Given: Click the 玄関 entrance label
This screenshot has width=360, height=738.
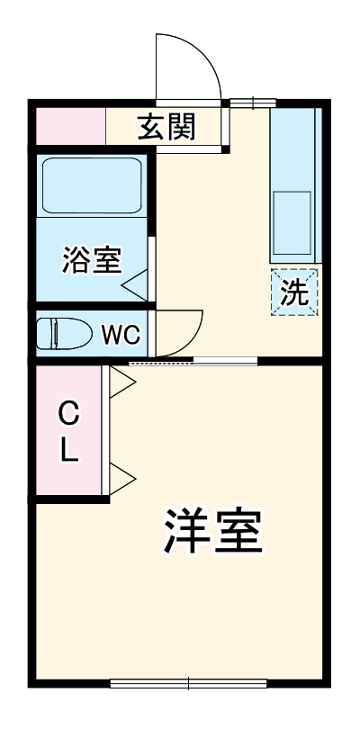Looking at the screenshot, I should coord(166,128).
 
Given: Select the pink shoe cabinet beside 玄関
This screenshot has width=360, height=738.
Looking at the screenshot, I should coord(70,127).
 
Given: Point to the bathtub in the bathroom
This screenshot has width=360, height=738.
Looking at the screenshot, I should coord(91,187).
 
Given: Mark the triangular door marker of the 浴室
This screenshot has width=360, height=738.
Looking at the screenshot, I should coord(136,286).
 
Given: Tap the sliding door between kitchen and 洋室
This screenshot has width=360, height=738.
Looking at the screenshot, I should coord(193,362).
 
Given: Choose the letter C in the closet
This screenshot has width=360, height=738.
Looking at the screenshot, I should coord(69,417).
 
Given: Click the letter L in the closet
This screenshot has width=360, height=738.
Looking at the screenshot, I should coord(69,452).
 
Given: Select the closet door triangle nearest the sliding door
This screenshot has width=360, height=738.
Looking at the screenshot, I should coord(122,382).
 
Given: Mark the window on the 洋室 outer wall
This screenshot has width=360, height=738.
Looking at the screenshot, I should coord(189,683).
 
